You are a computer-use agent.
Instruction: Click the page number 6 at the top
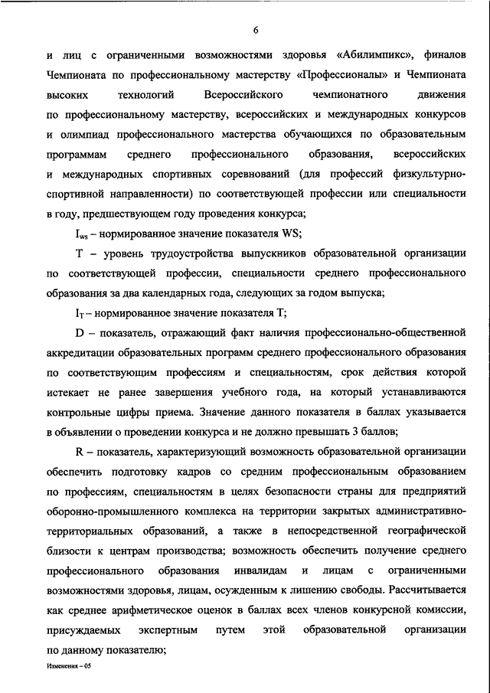(x=256, y=30)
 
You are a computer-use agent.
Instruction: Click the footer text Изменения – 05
(x=68, y=668)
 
